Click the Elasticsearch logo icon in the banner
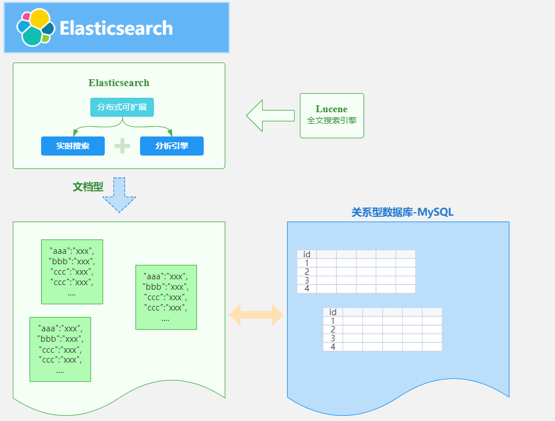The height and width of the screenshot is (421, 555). (35, 27)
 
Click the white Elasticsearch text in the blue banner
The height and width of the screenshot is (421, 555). (116, 28)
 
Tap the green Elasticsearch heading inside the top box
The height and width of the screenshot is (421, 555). (119, 83)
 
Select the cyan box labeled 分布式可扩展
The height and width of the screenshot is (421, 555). (122, 108)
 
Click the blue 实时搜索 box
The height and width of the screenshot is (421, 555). (73, 146)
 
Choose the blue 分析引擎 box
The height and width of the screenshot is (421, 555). (172, 146)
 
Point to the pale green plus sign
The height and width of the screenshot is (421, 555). (122, 146)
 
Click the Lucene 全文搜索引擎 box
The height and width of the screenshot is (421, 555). (332, 116)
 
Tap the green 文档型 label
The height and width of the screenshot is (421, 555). (88, 187)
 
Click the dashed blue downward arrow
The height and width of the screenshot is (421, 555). (119, 195)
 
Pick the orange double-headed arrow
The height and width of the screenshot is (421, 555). (256, 315)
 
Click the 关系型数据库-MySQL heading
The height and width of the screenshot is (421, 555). (402, 212)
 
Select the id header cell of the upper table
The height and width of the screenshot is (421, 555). (307, 254)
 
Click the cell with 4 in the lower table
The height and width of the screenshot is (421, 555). (333, 347)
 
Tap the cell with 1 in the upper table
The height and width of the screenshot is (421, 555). (307, 263)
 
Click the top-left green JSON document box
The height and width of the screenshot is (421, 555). (72, 271)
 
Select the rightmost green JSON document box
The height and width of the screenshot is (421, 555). (166, 297)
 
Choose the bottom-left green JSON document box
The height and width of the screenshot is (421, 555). (60, 349)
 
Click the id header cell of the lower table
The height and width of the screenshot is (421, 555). (333, 312)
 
